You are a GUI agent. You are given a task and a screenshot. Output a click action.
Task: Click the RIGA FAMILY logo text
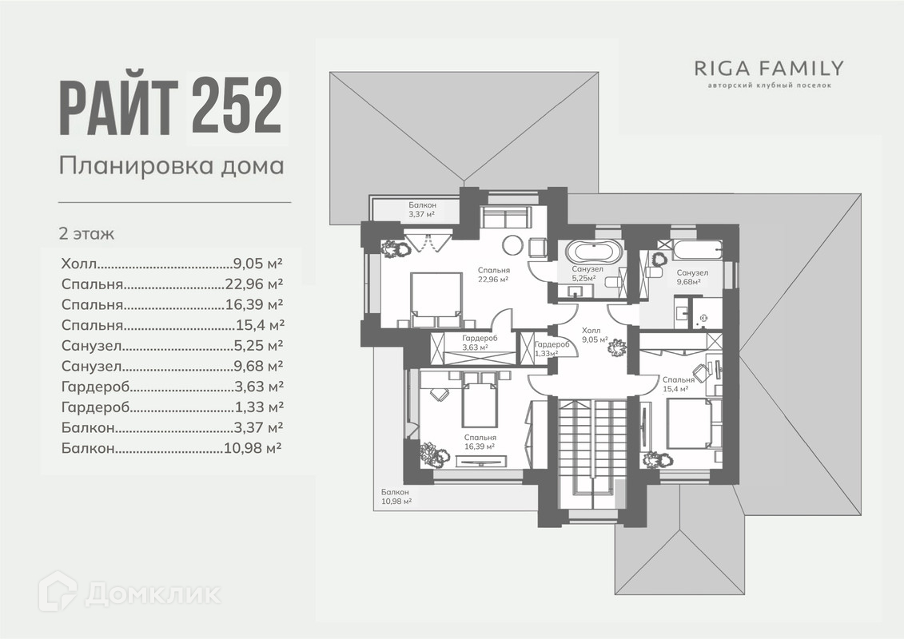tap(767, 68)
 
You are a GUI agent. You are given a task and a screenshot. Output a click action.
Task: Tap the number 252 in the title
tap(237, 105)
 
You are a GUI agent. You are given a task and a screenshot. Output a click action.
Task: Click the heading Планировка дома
tap(172, 166)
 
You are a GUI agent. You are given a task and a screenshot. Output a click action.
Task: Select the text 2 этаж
tap(86, 234)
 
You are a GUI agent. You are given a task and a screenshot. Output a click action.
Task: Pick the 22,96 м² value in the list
tap(254, 284)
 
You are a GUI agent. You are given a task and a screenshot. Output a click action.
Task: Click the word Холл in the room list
tap(78, 263)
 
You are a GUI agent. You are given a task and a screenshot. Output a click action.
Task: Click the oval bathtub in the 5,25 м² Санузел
tap(593, 251)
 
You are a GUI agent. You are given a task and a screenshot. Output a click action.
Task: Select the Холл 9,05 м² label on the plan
tap(591, 334)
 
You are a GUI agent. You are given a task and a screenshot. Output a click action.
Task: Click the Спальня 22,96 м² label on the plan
tap(493, 275)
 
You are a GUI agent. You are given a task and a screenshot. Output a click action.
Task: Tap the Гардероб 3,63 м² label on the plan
tap(480, 343)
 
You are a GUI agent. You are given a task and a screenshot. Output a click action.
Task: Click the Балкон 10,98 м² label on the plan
tap(396, 497)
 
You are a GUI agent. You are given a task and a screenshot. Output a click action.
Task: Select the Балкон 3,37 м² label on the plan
tap(421, 209)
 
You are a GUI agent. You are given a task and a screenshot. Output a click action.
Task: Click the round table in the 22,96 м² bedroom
tap(512, 245)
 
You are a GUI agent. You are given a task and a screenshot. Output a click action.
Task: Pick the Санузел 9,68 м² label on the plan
tap(692, 276)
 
